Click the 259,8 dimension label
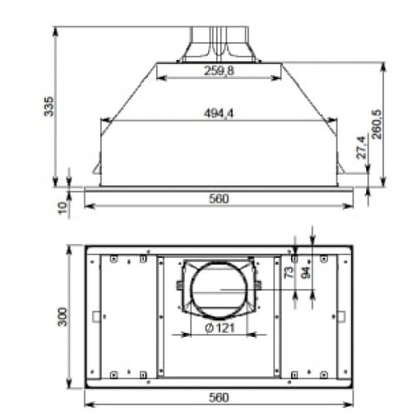[x=218, y=72]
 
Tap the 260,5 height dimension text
[x=377, y=124]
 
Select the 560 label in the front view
[x=219, y=199]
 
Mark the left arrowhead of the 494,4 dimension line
[x=103, y=121]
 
